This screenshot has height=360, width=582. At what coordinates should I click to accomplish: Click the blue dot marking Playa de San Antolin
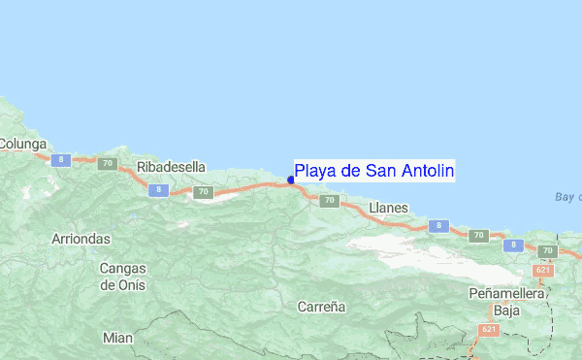tap(291, 180)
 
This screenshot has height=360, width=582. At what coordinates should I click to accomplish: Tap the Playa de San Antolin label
tap(374, 172)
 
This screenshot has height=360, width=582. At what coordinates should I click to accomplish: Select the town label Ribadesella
tap(172, 167)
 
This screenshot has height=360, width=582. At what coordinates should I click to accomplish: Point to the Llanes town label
tap(389, 208)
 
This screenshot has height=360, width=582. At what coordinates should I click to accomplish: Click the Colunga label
tap(22, 144)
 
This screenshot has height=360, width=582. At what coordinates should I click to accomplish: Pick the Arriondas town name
tap(82, 238)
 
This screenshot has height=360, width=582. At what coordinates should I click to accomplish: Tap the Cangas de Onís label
tap(122, 276)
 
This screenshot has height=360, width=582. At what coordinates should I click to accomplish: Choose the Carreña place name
tap(322, 306)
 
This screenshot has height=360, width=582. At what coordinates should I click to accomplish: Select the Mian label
tap(117, 338)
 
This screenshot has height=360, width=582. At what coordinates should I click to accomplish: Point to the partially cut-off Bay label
tap(567, 197)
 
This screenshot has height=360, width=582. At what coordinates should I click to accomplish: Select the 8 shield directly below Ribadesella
tap(156, 191)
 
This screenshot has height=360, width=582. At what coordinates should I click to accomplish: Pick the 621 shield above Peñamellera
tap(543, 269)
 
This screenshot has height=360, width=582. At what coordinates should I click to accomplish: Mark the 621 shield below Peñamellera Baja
tap(487, 331)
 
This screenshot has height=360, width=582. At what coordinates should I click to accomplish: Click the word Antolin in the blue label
tap(423, 172)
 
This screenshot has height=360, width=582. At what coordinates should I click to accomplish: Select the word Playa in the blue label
tap(313, 172)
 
